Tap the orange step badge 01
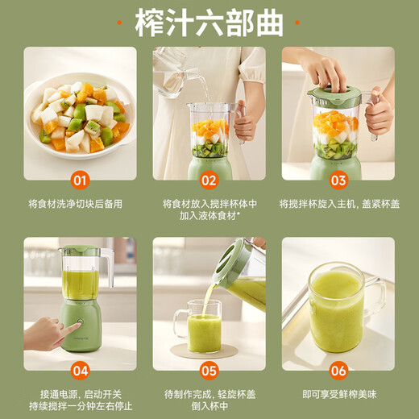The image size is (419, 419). click(x=80, y=180)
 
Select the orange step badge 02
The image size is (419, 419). click(x=209, y=180)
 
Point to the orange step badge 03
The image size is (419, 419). click(x=338, y=180)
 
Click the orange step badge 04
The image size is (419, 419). click(x=80, y=371)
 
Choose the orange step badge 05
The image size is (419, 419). click(x=209, y=371)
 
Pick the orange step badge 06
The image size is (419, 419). click(x=338, y=371)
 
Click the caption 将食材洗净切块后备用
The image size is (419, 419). click(x=80, y=204)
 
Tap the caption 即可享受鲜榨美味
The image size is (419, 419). click(x=338, y=394)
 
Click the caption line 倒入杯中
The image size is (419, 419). click(x=209, y=407)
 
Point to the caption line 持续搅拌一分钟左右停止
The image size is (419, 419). click(x=80, y=407)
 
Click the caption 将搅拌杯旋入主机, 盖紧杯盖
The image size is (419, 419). click(x=338, y=204)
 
